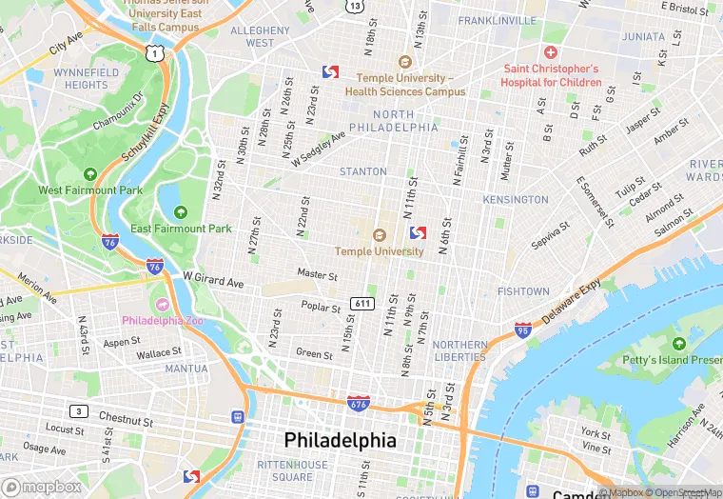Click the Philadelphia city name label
tap(340, 441)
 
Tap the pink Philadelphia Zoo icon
tap(162, 304)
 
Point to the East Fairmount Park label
tap(181, 229)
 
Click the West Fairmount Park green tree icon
tap(90, 174)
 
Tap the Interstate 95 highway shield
tap(522, 329)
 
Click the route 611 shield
tap(361, 303)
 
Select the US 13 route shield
tap(355, 6)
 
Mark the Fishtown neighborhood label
tap(523, 291)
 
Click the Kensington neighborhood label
tap(516, 200)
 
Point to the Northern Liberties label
tap(459, 350)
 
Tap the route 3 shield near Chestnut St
tap(80, 411)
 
